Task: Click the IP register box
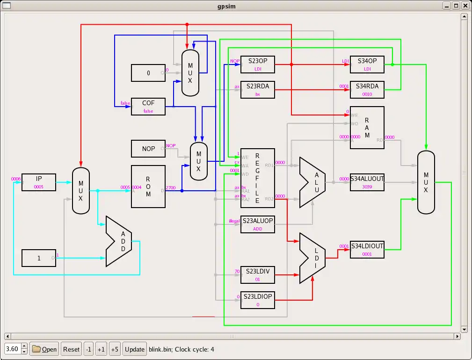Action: point(39,182)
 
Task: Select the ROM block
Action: point(148,187)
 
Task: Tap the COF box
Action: point(148,107)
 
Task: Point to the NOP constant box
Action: point(148,149)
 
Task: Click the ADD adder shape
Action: point(120,241)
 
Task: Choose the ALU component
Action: point(313,182)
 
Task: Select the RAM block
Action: point(367,128)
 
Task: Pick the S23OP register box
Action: point(257,65)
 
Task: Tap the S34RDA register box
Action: point(367,90)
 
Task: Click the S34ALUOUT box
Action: point(367,182)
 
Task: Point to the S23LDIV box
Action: point(257,275)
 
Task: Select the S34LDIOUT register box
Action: point(367,249)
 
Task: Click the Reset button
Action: point(71,349)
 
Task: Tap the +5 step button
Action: point(115,349)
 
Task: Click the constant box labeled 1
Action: point(39,258)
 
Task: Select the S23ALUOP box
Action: point(257,224)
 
